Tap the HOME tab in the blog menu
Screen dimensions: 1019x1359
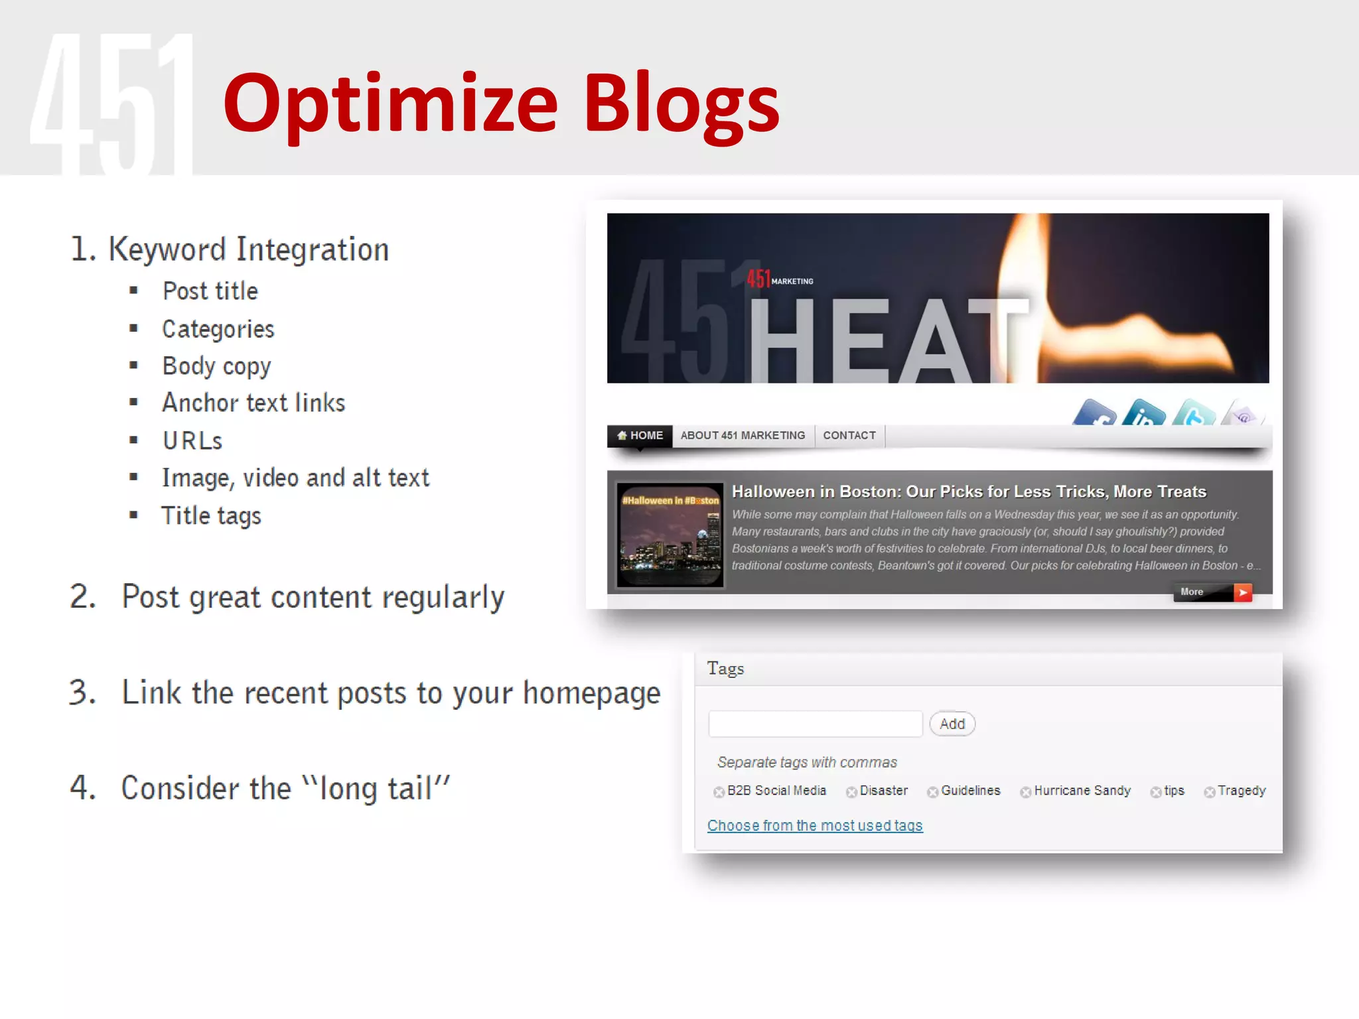click(x=640, y=436)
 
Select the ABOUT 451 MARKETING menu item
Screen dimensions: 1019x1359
click(x=743, y=436)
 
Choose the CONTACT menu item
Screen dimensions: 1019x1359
click(x=849, y=436)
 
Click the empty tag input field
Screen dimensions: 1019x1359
click(x=815, y=724)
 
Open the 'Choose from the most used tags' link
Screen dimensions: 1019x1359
click(x=815, y=826)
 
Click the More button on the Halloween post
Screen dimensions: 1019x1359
click(x=1212, y=592)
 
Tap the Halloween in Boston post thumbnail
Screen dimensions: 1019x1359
click(x=670, y=535)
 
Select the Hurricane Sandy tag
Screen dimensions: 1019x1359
click(x=1082, y=791)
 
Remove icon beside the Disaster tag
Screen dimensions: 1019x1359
click(x=851, y=792)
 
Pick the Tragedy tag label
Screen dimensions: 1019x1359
click(x=1242, y=791)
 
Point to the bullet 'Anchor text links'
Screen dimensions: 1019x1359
click(x=253, y=403)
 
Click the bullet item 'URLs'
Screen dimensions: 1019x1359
click(x=192, y=441)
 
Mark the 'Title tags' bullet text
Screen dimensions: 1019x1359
click(x=212, y=516)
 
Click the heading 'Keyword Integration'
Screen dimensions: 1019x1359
click(x=248, y=250)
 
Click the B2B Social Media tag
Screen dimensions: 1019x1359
click(x=776, y=791)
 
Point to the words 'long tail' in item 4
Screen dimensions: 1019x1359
click(x=376, y=789)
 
